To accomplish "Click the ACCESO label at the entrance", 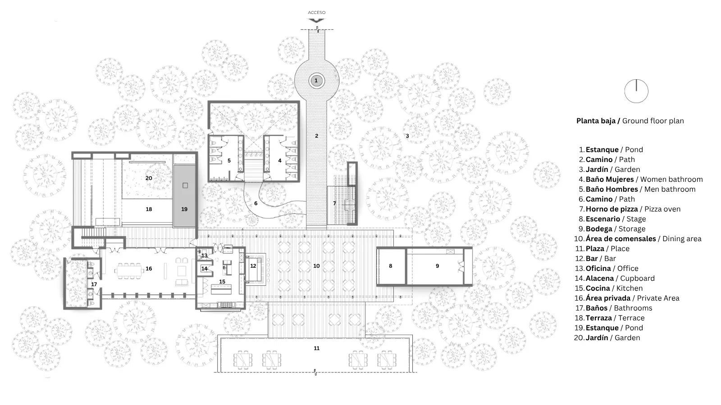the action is pyautogui.click(x=317, y=13).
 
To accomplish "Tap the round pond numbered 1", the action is pyautogui.click(x=316, y=81).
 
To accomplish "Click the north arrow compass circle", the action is pyautogui.click(x=636, y=91).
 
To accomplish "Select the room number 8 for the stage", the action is pyautogui.click(x=390, y=266).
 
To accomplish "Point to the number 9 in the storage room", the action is pyautogui.click(x=437, y=266).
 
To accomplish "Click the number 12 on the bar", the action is pyautogui.click(x=253, y=266).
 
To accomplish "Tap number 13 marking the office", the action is pyautogui.click(x=205, y=256).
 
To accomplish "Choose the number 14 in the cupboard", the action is pyautogui.click(x=205, y=268).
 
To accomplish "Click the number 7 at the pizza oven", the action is pyautogui.click(x=334, y=203).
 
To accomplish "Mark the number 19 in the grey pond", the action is pyautogui.click(x=184, y=209).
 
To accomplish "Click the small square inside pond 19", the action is pyautogui.click(x=185, y=185).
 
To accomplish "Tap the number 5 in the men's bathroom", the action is pyautogui.click(x=229, y=160).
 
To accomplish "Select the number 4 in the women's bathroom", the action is pyautogui.click(x=280, y=160).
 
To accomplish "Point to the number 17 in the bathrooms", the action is pyautogui.click(x=94, y=284).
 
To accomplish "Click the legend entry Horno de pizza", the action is pyautogui.click(x=611, y=209).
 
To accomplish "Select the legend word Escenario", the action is pyautogui.click(x=603, y=219).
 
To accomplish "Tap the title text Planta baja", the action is pyautogui.click(x=595, y=121).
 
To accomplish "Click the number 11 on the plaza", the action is pyautogui.click(x=317, y=348).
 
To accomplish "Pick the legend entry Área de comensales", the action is pyautogui.click(x=621, y=238).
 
